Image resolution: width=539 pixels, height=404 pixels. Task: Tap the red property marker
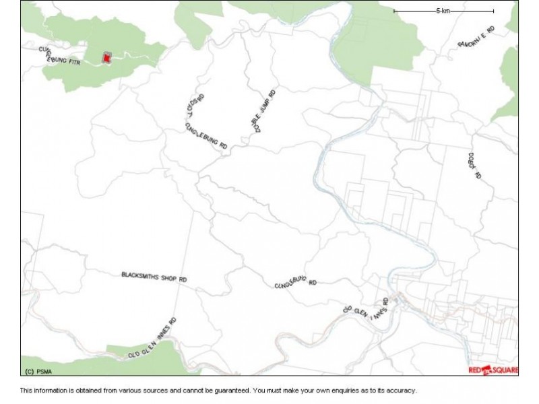(106, 59)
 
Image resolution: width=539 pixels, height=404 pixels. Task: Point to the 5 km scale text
(443, 11)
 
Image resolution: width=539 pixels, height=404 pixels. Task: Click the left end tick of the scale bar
(394, 11)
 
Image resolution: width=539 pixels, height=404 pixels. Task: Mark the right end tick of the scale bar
(493, 11)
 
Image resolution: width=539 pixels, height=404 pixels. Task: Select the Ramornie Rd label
(476, 36)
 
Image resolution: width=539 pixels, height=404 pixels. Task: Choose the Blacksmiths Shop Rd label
(154, 276)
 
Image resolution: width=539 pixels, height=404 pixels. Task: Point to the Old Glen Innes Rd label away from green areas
(367, 313)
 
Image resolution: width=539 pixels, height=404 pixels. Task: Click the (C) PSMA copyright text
(38, 371)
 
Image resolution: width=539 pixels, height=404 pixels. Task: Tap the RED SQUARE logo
(493, 370)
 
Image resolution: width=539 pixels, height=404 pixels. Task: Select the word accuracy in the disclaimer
(402, 390)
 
